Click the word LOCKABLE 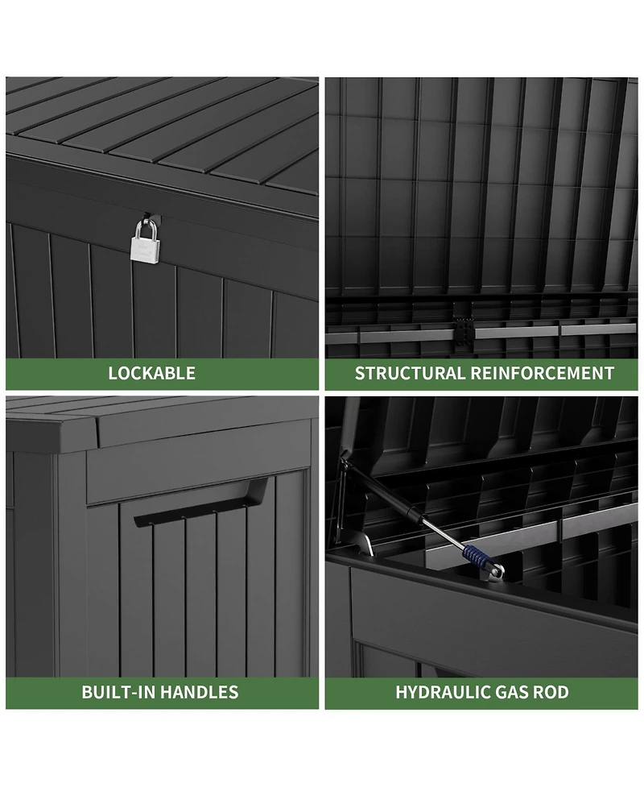coord(152,373)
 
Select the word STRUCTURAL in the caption coord(410,373)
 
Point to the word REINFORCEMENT coord(543,373)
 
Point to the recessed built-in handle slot coord(200,503)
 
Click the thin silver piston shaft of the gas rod coord(443,533)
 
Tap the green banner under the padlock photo coord(162,374)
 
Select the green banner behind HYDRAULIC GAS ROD coord(481,693)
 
